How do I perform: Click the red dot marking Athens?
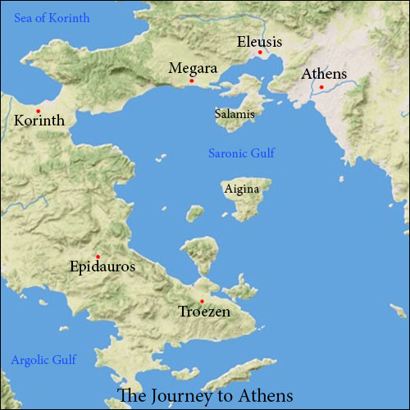321,87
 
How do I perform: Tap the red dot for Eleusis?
260,52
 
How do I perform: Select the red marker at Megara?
191,80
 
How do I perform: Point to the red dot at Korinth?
38,111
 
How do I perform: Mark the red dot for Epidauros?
98,256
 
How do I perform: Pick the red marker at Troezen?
202,301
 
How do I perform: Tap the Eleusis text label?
259,41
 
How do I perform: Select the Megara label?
192,68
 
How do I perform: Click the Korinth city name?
40,121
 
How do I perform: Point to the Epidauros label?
102,267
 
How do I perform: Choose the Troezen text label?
204,312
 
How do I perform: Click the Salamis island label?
235,115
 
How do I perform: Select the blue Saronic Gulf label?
242,153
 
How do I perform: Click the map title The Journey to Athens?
205,395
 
